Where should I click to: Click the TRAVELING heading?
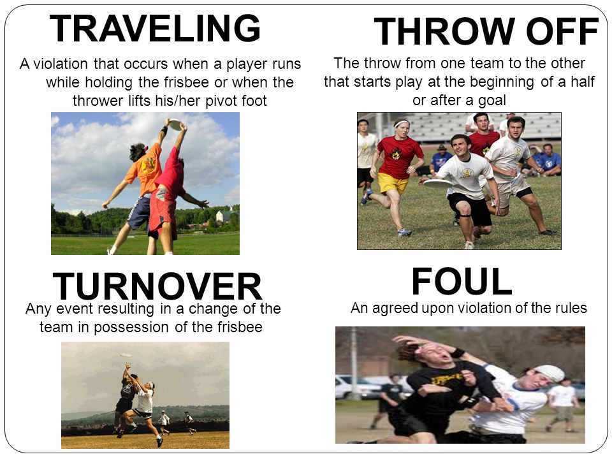pos(155,28)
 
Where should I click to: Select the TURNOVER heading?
pos(157,286)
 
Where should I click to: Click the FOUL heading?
pos(462,281)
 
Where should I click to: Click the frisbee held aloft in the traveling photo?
pos(175,124)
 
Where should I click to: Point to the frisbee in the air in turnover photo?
pos(126,356)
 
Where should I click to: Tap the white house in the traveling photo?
pos(224,215)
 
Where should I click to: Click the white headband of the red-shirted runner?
pos(401,124)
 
